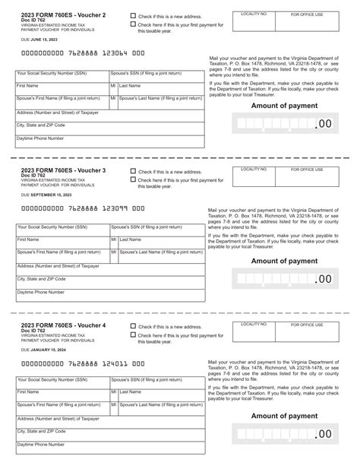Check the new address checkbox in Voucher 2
pos(134,15)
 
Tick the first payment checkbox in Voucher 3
pos(134,180)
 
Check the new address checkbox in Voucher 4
pos(134,325)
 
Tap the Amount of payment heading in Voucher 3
pos(284,261)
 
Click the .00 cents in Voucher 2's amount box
pos(323,124)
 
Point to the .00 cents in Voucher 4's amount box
pos(323,434)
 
